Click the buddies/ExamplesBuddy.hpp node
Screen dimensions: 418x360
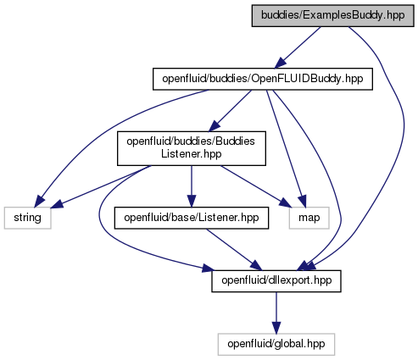[x=333, y=16]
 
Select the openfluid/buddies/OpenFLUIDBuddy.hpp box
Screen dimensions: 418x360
[x=263, y=79]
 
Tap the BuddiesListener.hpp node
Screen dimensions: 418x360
[x=192, y=148]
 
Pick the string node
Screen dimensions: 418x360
[x=27, y=218]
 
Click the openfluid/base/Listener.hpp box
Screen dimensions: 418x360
[x=192, y=218]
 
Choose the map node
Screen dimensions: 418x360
[x=309, y=218]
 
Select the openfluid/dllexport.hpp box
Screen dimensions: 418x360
[x=276, y=281]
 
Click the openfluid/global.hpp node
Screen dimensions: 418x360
[x=276, y=344]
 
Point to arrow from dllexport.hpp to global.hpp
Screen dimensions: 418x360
[x=276, y=313]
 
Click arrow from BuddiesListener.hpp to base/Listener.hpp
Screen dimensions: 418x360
[x=192, y=186]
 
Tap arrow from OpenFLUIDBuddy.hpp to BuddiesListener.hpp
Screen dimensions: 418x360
[x=230, y=111]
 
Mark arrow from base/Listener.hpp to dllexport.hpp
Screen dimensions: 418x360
[x=234, y=249]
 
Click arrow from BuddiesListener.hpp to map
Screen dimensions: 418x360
[x=256, y=186]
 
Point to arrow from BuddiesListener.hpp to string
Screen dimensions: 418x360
[x=101, y=187]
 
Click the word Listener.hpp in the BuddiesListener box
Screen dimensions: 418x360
[x=192, y=154]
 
